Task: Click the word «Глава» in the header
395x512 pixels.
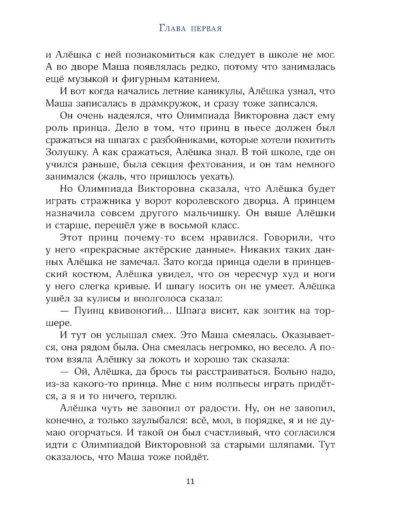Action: click(x=172, y=28)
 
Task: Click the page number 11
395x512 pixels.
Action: click(x=190, y=481)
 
